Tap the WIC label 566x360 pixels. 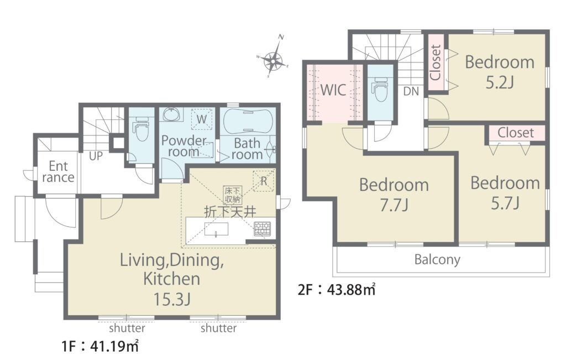tap(333, 90)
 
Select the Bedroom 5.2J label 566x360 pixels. tap(500, 72)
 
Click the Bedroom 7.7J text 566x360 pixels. tap(394, 195)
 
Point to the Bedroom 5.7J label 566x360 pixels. tap(505, 193)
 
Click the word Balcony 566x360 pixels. tap(437, 259)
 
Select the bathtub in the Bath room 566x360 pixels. tap(248, 122)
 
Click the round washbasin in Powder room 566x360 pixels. tap(170, 114)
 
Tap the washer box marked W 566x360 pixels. tap(202, 119)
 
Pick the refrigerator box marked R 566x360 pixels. tap(264, 180)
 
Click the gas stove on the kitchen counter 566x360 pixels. tap(262, 228)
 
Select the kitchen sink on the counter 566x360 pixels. tap(216, 229)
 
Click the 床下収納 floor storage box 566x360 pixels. tap(233, 195)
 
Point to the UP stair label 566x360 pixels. tap(96, 156)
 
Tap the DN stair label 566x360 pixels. tap(411, 91)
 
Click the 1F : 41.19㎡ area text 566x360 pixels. tap(100, 346)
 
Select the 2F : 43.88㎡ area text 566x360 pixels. tap(337, 290)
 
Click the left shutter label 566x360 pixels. tap(127, 328)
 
